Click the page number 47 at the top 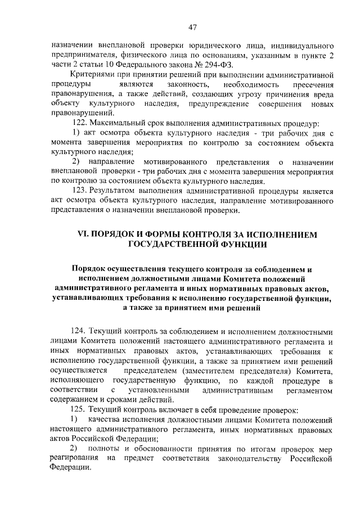(192, 27)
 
